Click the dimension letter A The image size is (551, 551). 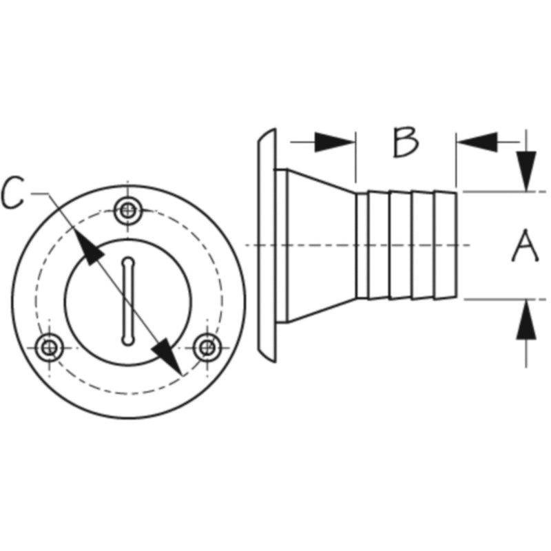coord(525,246)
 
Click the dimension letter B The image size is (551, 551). coord(406,143)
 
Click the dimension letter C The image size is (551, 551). coord(12,193)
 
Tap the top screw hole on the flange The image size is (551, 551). coord(128,211)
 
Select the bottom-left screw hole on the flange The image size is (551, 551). coord(50,348)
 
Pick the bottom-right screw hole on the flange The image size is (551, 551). coord(207,348)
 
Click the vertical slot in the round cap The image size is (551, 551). coord(128,301)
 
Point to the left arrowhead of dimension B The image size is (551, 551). coord(335,143)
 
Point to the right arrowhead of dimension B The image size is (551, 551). coord(477,143)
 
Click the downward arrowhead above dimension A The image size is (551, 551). coord(526,171)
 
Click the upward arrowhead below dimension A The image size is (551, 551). coord(526,320)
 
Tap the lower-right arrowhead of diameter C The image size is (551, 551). coord(167,356)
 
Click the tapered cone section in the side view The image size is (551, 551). coord(322,246)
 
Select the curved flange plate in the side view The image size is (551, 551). coord(267,245)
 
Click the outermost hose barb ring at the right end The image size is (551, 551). coord(446,245)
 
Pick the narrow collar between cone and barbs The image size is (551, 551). coord(362,245)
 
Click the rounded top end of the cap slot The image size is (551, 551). coord(128,262)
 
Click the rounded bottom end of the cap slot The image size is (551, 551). coord(128,340)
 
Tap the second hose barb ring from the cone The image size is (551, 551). coord(401,245)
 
